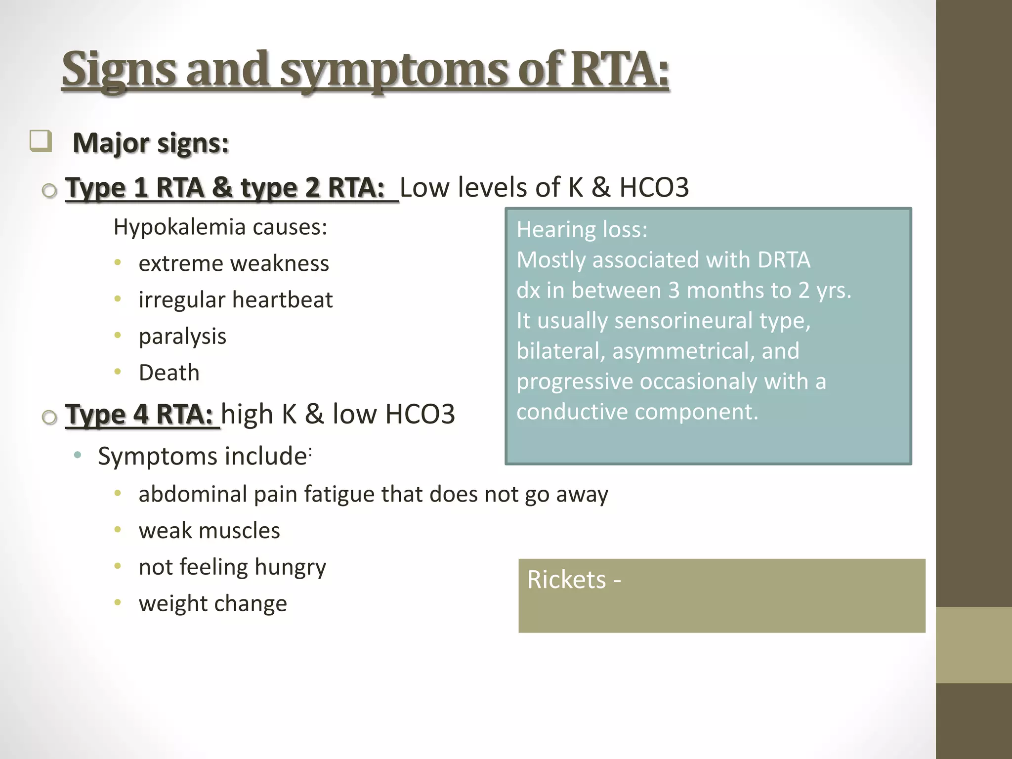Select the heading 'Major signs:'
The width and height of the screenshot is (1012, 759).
151,143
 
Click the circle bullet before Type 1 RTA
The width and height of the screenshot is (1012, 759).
49,191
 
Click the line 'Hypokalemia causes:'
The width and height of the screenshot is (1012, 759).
220,227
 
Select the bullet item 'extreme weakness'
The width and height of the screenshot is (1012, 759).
234,263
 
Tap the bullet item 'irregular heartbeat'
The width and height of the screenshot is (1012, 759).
236,300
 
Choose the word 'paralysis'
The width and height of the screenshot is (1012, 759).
182,337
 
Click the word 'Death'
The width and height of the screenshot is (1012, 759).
169,373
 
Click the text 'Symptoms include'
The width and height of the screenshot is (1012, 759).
203,456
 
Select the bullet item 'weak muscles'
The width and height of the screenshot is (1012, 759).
209,531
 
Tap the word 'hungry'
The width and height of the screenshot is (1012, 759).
290,567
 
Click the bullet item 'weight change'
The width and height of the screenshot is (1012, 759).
212,604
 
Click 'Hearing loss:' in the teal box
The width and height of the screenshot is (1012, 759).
582,230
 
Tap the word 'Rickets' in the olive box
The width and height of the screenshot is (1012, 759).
566,580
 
